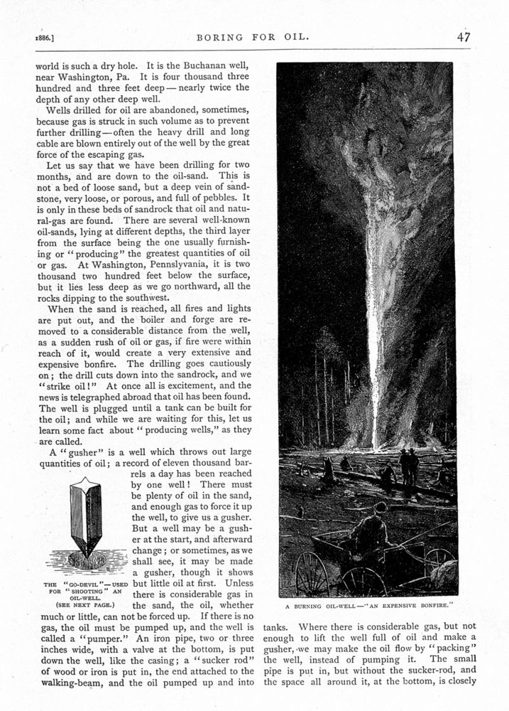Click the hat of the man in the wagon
point(381,506)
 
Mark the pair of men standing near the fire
point(409,466)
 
